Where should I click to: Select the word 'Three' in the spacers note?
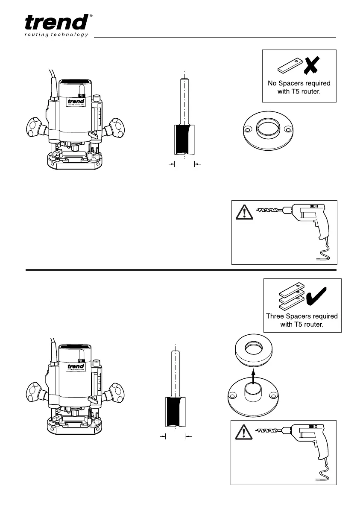point(277,316)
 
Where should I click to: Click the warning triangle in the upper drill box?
point(243,212)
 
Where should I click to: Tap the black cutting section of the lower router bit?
point(175,412)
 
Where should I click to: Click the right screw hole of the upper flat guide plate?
point(287,129)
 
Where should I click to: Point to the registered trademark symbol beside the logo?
point(91,16)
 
